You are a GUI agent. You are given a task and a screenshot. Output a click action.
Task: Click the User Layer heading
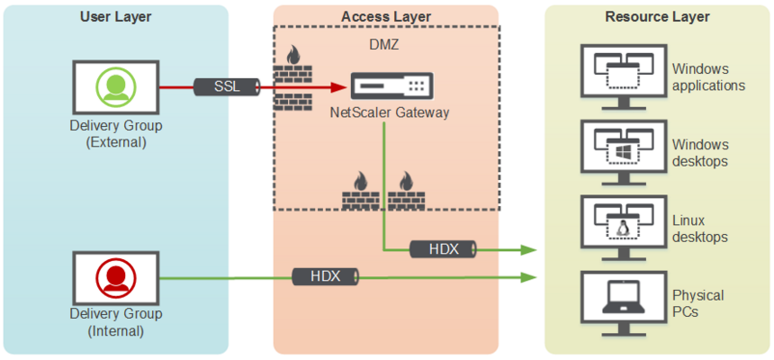(x=115, y=16)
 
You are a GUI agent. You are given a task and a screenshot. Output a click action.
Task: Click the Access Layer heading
(x=385, y=16)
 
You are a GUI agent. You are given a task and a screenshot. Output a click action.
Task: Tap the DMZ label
(x=385, y=43)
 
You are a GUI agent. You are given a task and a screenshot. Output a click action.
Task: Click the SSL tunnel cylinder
(x=227, y=86)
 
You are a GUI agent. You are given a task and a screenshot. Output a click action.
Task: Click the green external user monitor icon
(x=115, y=86)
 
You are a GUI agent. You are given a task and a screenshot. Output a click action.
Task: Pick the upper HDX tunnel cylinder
(x=443, y=248)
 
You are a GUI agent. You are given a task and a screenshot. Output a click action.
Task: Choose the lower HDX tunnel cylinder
(x=326, y=276)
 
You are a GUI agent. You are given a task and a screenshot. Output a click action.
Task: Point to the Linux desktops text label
(x=700, y=229)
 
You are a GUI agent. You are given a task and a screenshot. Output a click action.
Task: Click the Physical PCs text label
(x=698, y=303)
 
